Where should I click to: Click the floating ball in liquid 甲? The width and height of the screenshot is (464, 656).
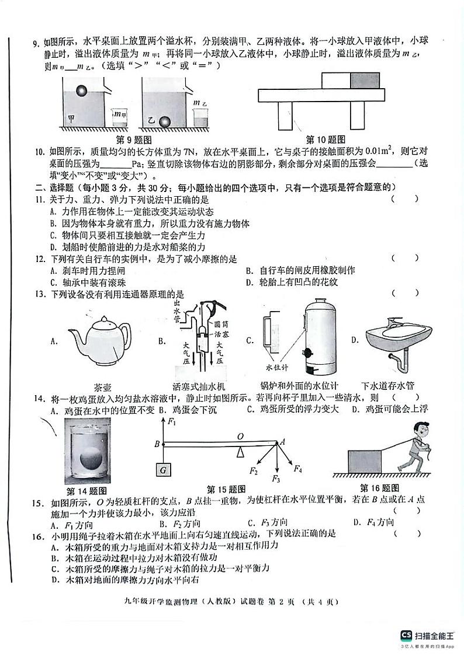tap(84, 91)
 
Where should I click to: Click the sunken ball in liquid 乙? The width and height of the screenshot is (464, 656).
tap(166, 122)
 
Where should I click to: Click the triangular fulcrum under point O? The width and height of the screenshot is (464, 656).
tap(240, 452)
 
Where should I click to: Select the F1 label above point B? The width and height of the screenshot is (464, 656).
tap(171, 421)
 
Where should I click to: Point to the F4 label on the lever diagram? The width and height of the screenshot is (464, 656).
tap(297, 468)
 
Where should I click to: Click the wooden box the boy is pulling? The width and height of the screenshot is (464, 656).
tap(365, 462)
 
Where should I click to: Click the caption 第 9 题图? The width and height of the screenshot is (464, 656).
tap(134, 139)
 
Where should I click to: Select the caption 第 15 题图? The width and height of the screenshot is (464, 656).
tap(226, 489)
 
